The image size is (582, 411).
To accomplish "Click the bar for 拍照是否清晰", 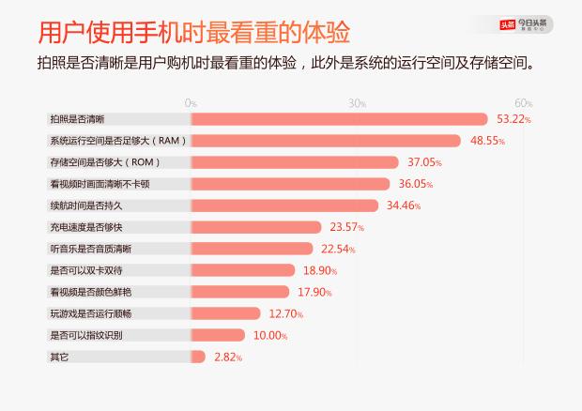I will (x=339, y=119).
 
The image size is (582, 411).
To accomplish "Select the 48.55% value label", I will (x=488, y=141).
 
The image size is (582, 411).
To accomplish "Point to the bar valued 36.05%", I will (x=290, y=184).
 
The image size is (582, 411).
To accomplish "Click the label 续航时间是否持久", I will (x=85, y=205).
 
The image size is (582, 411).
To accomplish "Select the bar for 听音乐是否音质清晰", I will (x=252, y=249).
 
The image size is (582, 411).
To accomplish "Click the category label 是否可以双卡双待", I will (x=85, y=270).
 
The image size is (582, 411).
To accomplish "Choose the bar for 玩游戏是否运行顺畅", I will (x=226, y=313).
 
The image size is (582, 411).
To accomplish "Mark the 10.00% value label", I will (x=270, y=335).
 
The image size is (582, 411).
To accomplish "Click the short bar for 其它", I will (x=198, y=357).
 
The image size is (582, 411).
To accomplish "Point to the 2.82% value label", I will (x=228, y=358).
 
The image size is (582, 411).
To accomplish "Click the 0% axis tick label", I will (x=191, y=102).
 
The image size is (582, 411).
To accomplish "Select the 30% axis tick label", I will (x=357, y=102).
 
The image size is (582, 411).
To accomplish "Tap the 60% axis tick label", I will (x=524, y=102).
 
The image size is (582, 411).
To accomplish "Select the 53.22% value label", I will (x=513, y=119).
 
